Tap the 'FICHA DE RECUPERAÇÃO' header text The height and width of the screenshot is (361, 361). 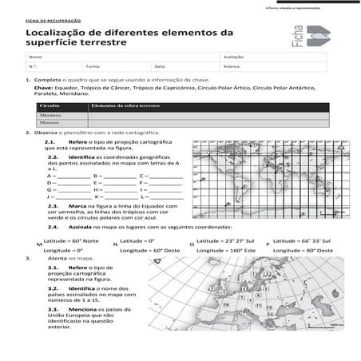46,17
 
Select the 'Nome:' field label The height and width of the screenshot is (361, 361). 34,58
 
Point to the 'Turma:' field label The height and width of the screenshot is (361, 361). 93,66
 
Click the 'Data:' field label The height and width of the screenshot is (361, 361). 160,66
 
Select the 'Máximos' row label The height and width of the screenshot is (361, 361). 50,115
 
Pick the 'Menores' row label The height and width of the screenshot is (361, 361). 50,123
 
